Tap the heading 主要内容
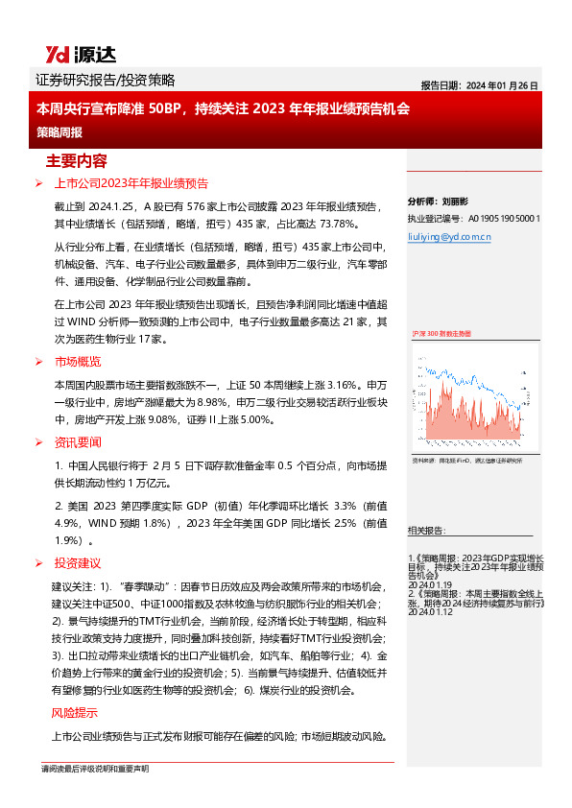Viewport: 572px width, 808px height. click(x=77, y=161)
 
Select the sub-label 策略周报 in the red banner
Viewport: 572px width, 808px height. click(x=60, y=132)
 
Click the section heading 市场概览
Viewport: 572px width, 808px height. click(x=78, y=362)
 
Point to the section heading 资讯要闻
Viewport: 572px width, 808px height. click(x=78, y=442)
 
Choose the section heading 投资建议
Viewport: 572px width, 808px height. click(x=78, y=563)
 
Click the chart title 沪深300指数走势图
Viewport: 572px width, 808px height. click(x=441, y=333)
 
